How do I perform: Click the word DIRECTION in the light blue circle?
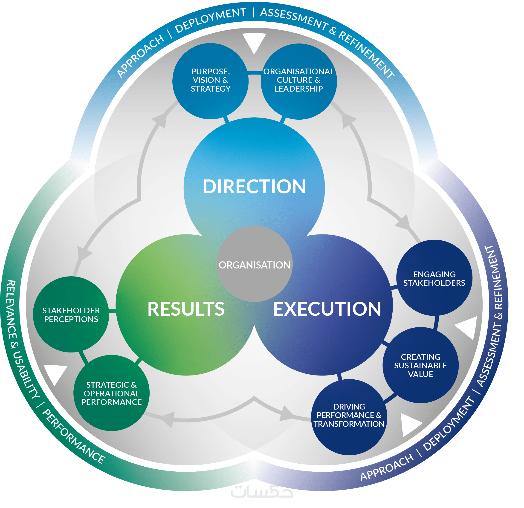[254, 187]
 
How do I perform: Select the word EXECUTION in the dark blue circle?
[327, 309]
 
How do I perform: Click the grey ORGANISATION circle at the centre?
[254, 265]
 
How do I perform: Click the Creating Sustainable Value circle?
[420, 365]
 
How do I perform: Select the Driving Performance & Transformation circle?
[349, 415]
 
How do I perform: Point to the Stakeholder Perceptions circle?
[71, 315]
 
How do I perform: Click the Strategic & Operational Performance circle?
[111, 393]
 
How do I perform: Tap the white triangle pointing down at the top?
[254, 42]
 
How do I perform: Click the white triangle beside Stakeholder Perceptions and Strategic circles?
[56, 373]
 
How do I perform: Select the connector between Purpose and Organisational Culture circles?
[255, 73]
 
